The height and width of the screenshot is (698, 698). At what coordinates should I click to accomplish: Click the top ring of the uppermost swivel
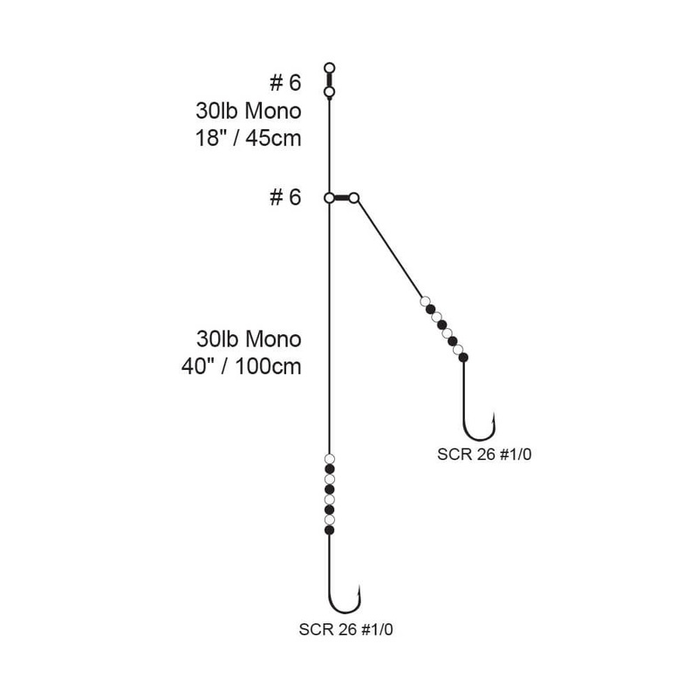click(x=329, y=67)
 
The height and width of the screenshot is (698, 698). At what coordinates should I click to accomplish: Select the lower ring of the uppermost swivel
click(x=329, y=92)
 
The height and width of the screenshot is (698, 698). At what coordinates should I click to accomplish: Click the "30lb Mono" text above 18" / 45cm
click(x=249, y=111)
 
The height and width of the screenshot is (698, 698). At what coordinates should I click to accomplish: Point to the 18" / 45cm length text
click(x=249, y=138)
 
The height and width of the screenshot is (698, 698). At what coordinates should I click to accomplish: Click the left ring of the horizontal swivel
click(x=329, y=198)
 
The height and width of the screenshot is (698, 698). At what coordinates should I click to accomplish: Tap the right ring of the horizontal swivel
click(x=354, y=198)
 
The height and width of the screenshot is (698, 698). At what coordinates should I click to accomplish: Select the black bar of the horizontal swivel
click(x=341, y=198)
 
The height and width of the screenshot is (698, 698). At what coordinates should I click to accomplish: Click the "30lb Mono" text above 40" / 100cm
click(x=249, y=338)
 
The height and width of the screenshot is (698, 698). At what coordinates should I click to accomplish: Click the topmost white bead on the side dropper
click(x=425, y=302)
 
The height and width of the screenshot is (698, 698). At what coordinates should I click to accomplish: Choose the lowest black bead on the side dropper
click(x=463, y=357)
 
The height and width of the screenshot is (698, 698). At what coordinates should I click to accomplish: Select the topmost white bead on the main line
click(x=329, y=459)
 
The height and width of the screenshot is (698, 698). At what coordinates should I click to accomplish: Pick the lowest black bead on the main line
click(x=329, y=530)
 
